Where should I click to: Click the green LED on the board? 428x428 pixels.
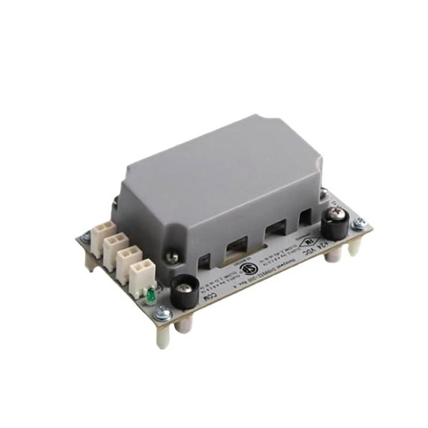coord(151,294)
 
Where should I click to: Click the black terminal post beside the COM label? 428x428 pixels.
coord(183,289)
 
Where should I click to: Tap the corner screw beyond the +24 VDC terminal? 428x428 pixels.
coord(360,222)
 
